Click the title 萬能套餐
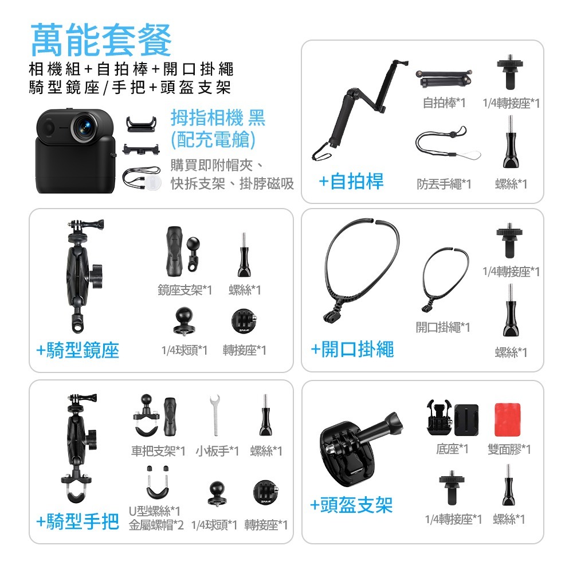(x=101, y=40)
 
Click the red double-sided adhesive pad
(x=507, y=419)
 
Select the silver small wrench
(x=215, y=415)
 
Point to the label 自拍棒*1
(x=444, y=103)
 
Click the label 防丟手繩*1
(x=444, y=184)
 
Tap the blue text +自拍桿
(x=351, y=182)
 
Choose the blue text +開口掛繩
(x=352, y=350)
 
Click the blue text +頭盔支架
(x=351, y=505)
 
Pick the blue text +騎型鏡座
(x=78, y=351)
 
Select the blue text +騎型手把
(x=78, y=521)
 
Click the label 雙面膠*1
(x=509, y=449)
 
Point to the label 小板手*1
(x=217, y=451)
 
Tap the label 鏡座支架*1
(x=185, y=290)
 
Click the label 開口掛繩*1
(x=443, y=327)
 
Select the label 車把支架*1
(x=158, y=451)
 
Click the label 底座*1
(x=452, y=449)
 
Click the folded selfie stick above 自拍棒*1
(x=444, y=78)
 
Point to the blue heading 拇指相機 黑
(x=218, y=118)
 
